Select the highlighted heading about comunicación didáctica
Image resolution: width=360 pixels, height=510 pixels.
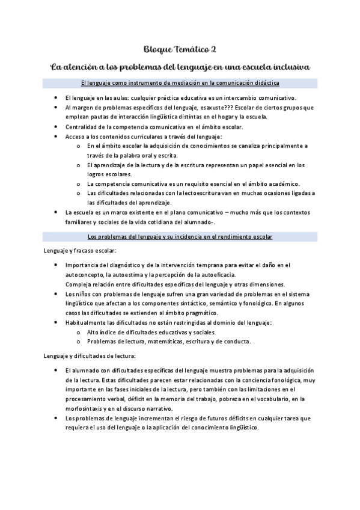click(180, 82)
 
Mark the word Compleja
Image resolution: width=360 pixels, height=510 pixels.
click(78, 284)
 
